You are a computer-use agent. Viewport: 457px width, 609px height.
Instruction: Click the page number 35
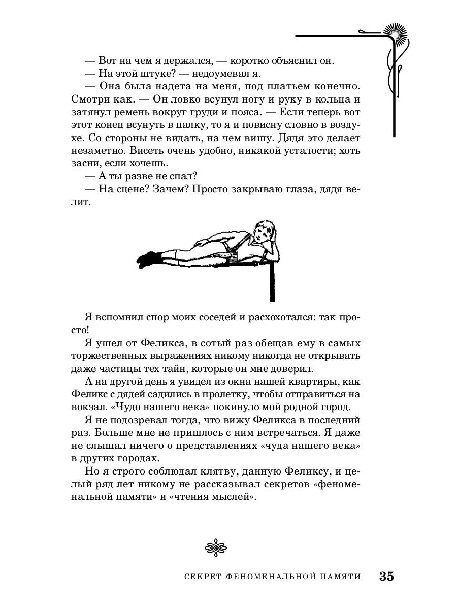click(x=386, y=577)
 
